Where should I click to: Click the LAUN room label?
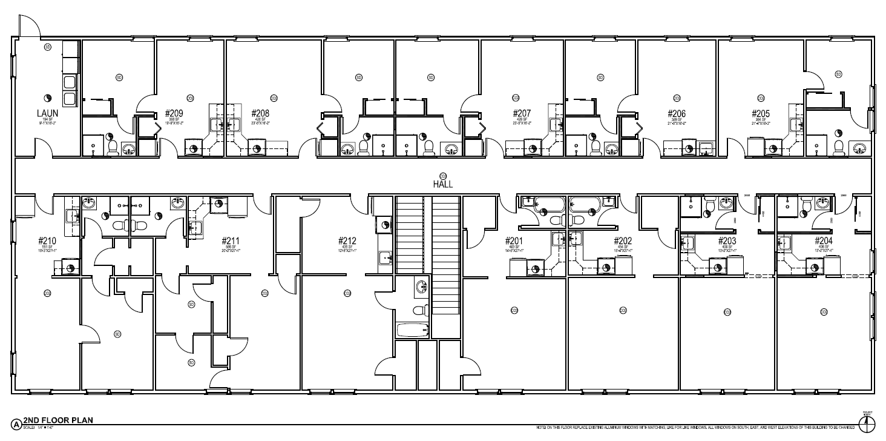47,112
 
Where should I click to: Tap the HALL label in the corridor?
442,184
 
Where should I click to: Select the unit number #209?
174,113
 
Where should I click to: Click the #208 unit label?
260,113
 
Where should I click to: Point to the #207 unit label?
522,113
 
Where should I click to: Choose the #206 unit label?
677,113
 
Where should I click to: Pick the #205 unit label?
761,113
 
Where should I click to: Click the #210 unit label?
47,240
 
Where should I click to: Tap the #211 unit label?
231,240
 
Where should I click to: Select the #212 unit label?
347,240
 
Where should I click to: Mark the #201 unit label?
514,240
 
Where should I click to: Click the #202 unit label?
623,240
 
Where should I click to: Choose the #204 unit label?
824,240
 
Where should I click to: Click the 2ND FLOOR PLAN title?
58,420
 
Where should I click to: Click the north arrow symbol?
866,420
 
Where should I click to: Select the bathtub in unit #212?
413,331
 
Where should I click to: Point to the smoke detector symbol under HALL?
442,176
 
